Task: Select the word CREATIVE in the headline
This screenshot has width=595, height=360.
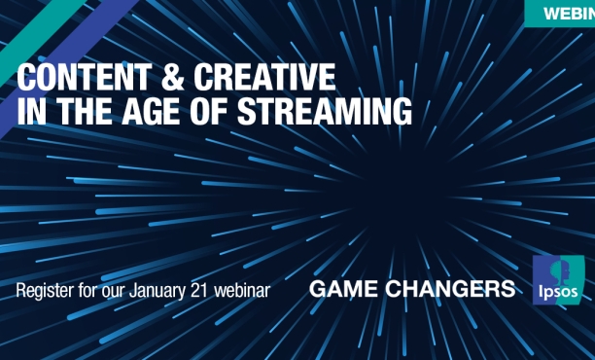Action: (x=257, y=77)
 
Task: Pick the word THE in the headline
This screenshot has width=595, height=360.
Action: (x=93, y=111)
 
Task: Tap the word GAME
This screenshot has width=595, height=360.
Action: (x=347, y=289)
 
